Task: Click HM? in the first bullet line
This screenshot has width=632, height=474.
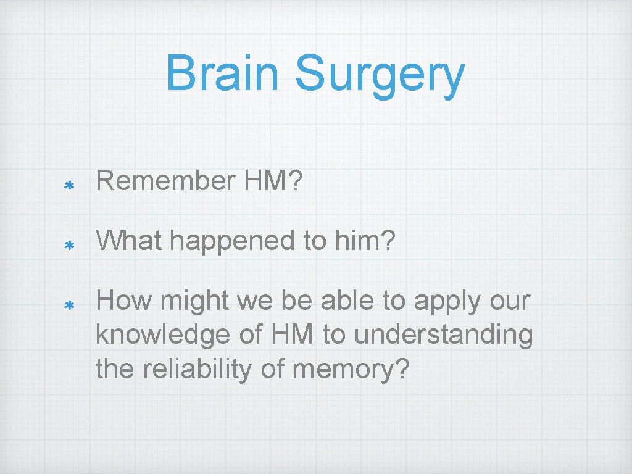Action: coord(272,181)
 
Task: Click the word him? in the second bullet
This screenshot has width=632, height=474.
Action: coord(370,242)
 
